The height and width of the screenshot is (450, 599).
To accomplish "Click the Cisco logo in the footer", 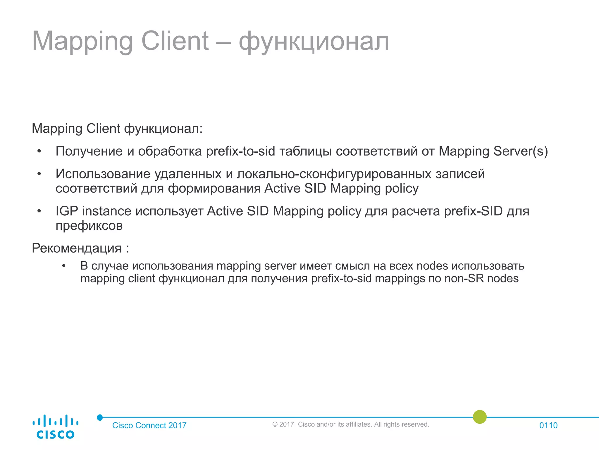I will tap(55, 427).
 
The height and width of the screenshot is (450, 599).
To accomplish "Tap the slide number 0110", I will tap(548, 425).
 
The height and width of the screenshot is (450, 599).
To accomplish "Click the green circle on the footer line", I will tap(480, 417).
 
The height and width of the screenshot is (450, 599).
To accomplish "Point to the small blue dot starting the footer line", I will tap(100, 417).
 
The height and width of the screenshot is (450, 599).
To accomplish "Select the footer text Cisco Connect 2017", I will tap(149, 425).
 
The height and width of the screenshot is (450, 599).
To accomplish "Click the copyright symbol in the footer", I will tap(275, 425).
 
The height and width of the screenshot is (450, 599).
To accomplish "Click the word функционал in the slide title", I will tap(314, 42).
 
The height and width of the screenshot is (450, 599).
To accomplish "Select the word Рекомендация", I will tap(77, 248).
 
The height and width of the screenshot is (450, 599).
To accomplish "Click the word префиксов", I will tap(89, 226).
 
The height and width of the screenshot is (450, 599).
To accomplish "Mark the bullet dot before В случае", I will tap(64, 266).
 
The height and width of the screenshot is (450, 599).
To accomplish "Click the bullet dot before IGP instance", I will tap(39, 211).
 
